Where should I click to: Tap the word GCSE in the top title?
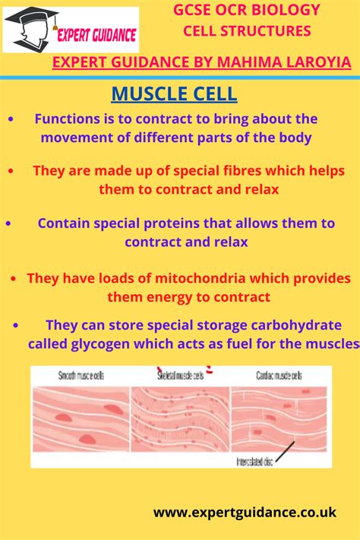193,11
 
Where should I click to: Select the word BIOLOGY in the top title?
289,11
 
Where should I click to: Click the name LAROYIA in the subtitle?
313,62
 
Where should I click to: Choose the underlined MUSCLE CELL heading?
174,94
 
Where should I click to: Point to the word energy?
180,296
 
